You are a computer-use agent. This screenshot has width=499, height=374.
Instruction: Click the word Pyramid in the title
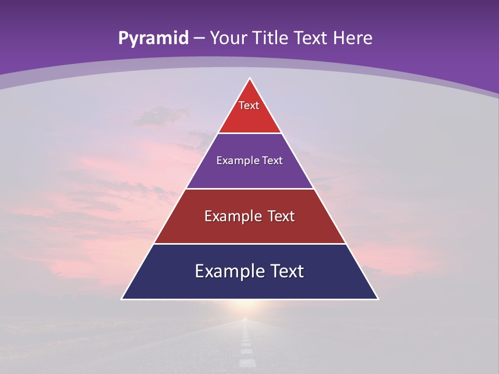[x=153, y=38]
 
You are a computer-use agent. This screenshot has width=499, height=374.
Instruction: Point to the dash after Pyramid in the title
[x=200, y=38]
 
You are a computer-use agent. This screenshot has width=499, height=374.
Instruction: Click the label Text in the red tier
[x=249, y=105]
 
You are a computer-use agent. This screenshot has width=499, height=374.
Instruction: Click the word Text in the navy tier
[x=286, y=271]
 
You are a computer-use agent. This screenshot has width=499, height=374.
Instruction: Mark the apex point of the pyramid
[x=249, y=79]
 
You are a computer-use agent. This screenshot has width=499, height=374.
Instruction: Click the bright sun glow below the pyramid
[x=248, y=310]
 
